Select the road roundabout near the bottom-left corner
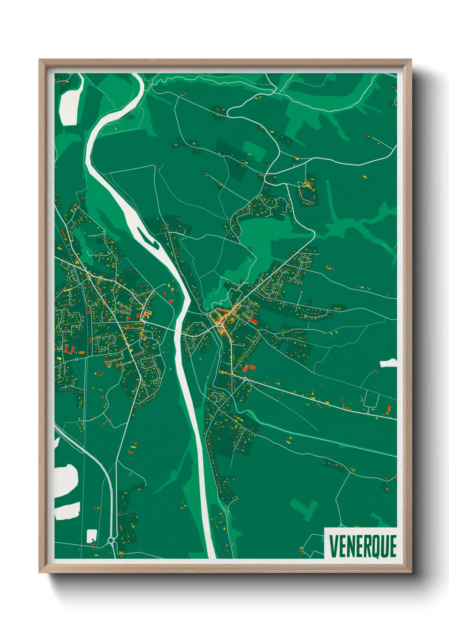pyautogui.click(x=111, y=540)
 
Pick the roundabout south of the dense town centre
pyautogui.click(x=245, y=378)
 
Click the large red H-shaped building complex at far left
pyautogui.click(x=69, y=349)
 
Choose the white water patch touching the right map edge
pyautogui.click(x=388, y=363)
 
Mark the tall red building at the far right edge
pyautogui.click(x=388, y=410)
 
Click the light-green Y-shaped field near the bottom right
pyautogui.click(x=305, y=507)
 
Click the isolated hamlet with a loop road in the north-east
pyautogui.click(x=307, y=192)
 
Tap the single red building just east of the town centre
pyautogui.click(x=253, y=321)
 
